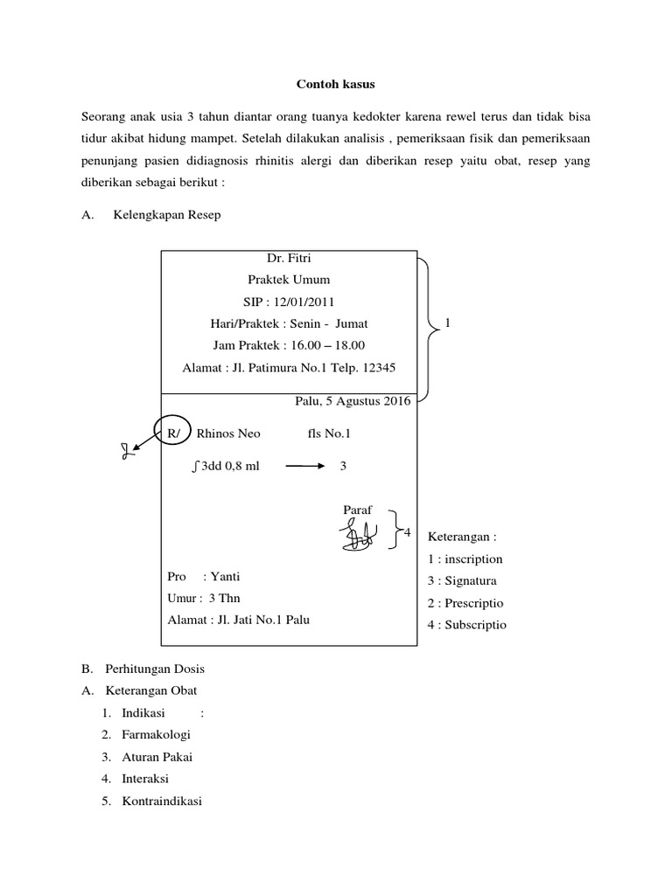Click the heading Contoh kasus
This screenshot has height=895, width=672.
(x=336, y=85)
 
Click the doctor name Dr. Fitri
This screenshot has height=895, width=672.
(x=289, y=259)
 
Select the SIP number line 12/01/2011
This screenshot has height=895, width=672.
(x=289, y=302)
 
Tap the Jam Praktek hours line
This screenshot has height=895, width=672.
(x=289, y=345)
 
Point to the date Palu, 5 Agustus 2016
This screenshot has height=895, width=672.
(x=353, y=401)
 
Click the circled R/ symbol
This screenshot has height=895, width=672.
(x=174, y=433)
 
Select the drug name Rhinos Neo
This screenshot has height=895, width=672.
(x=228, y=433)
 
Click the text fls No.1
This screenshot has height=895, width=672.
(x=329, y=433)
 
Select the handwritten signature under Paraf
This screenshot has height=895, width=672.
(x=360, y=534)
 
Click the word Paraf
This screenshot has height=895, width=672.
(x=359, y=509)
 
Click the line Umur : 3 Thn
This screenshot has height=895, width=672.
(x=203, y=599)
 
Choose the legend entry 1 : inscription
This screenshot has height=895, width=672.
(x=465, y=559)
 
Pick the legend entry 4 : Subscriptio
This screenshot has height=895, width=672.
(x=467, y=625)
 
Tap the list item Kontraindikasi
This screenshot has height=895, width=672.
(x=162, y=800)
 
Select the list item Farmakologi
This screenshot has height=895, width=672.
(x=157, y=734)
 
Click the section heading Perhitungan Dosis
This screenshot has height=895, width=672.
(x=155, y=669)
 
